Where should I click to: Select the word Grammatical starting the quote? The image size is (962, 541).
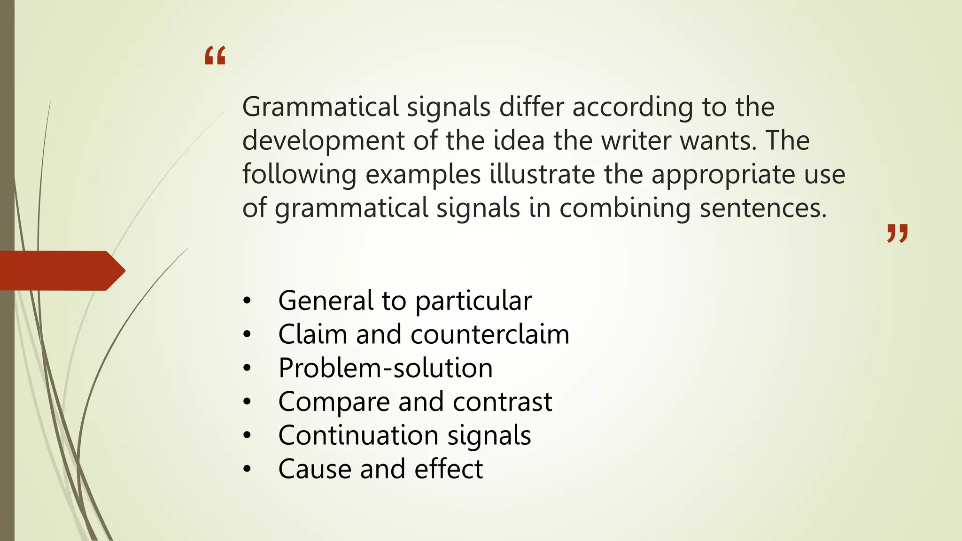(320, 107)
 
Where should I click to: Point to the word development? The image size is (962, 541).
(323, 141)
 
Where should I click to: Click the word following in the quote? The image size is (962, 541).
(299, 175)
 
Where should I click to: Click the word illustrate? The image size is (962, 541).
(543, 174)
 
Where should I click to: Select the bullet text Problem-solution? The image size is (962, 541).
(385, 368)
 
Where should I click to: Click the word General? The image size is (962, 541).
(326, 301)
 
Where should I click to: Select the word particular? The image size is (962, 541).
(473, 301)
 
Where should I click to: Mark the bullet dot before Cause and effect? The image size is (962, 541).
(247, 469)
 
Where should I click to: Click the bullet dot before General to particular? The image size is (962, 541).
(247, 301)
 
